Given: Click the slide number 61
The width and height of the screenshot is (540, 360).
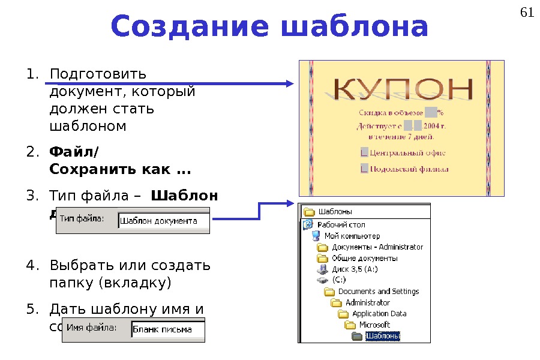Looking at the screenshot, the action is pyautogui.click(x=526, y=13).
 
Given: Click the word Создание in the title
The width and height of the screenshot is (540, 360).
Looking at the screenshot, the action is pyautogui.click(x=182, y=27).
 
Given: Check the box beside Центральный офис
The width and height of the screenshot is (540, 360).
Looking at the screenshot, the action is pyautogui.click(x=364, y=152).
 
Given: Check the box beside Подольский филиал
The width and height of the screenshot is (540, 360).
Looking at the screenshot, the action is pyautogui.click(x=364, y=169).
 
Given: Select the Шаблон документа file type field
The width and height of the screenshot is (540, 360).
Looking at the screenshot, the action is pyautogui.click(x=163, y=221).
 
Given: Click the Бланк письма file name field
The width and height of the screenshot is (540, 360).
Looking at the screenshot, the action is pyautogui.click(x=167, y=329).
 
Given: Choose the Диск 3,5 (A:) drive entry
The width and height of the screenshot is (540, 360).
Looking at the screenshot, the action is pyautogui.click(x=355, y=269).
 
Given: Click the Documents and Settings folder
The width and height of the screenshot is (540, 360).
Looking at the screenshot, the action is pyautogui.click(x=378, y=292).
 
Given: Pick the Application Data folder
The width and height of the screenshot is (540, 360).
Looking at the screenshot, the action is pyautogui.click(x=379, y=314).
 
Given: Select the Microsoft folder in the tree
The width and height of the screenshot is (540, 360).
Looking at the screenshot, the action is pyautogui.click(x=374, y=325).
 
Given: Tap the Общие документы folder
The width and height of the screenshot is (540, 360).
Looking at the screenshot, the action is pyautogui.click(x=364, y=258).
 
